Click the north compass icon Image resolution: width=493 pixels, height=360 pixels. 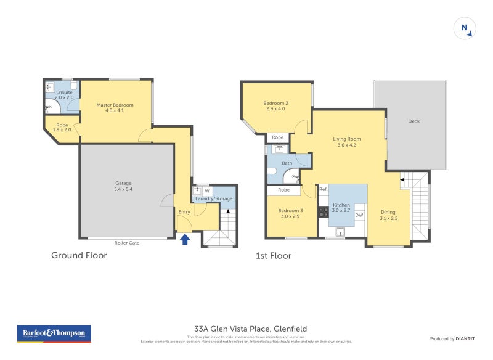(x=466, y=28)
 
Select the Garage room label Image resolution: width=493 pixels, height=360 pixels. (x=123, y=186)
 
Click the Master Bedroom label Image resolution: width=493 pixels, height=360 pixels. (x=115, y=108)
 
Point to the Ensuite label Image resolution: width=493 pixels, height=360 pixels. (x=64, y=95)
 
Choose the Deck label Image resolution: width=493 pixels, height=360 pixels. (x=414, y=121)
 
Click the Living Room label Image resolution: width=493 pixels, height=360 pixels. (x=347, y=142)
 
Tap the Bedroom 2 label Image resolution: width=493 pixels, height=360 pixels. (x=276, y=106)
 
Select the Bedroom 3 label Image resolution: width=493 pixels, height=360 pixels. (x=288, y=213)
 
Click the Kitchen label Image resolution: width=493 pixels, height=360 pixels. (x=341, y=208)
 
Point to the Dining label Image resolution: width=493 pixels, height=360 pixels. (x=388, y=215)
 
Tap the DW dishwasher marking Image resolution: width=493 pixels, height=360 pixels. (x=359, y=215)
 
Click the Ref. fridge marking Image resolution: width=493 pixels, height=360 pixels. (x=324, y=190)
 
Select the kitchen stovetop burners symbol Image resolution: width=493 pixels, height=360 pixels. (x=322, y=211)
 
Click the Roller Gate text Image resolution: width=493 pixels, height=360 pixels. (x=127, y=243)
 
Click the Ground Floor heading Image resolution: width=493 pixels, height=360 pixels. (x=79, y=255)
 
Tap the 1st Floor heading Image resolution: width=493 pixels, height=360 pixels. (x=274, y=255)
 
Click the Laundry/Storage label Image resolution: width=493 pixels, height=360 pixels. (x=213, y=198)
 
